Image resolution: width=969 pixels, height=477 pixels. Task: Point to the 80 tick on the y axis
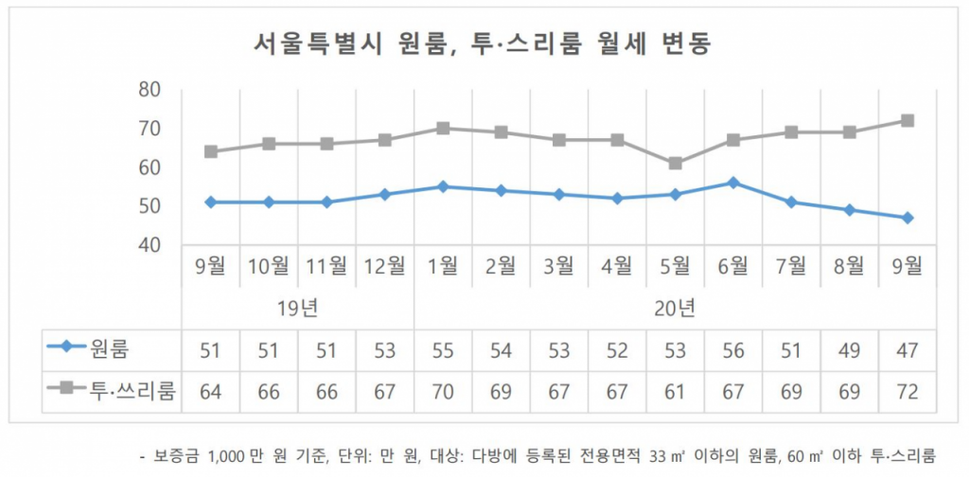pos(150,90)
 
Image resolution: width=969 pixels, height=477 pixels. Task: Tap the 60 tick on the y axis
pos(150,168)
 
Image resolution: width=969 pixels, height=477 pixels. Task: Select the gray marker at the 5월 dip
pos(675,164)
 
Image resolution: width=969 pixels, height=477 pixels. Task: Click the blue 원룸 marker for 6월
pos(733,183)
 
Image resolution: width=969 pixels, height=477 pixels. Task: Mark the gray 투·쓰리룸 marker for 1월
pos(443,128)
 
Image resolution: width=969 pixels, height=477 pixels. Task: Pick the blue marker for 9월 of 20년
pos(907,218)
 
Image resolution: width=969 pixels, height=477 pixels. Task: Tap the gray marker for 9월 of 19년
pos(211,151)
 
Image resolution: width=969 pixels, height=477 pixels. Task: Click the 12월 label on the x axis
pos(384,266)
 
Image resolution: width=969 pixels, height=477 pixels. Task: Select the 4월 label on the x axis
pos(617,266)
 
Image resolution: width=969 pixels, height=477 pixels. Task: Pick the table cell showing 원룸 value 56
pos(733,351)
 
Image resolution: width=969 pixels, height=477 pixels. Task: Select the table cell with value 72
pos(907,391)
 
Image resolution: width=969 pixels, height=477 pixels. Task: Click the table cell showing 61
pos(675,391)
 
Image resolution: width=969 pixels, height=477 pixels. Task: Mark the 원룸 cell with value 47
pos(907,351)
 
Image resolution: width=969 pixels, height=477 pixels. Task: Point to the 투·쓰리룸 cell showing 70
pos(443,391)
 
